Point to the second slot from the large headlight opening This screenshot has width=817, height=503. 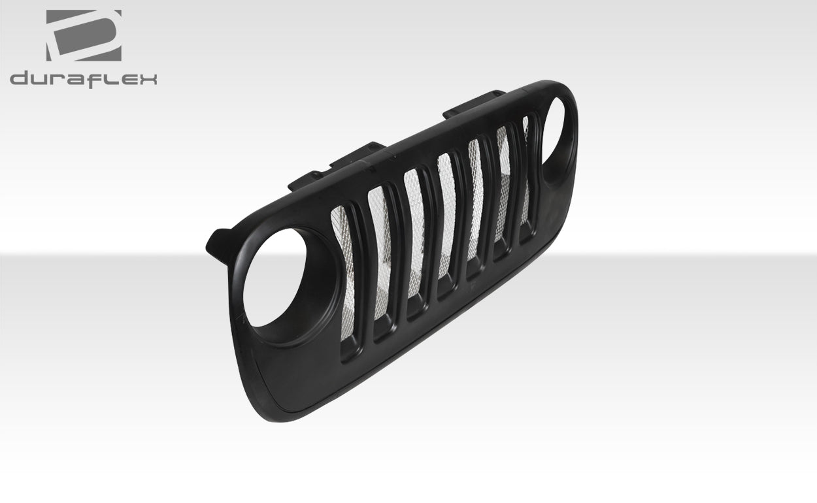382,261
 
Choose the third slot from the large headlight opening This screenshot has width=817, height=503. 416,242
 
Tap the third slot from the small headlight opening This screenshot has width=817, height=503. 476,206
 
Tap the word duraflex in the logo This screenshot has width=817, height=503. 83,78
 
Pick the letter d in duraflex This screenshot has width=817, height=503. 19,78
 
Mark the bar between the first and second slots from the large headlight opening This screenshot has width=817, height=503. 364,271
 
